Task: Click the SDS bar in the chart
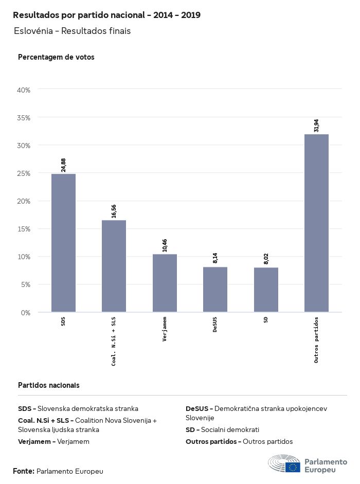click(63, 243)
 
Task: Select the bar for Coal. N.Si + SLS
click(114, 266)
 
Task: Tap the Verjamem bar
click(165, 283)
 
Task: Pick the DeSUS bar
click(215, 289)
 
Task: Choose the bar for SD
click(266, 290)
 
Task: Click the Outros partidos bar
click(316, 223)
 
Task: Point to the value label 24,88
click(63, 165)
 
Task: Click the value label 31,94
click(316, 126)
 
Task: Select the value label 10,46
click(165, 245)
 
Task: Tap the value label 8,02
click(266, 259)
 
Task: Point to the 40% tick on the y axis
click(24, 90)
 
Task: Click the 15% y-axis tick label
click(24, 229)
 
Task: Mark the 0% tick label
click(26, 312)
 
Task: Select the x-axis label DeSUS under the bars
click(215, 325)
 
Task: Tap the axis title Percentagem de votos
click(56, 57)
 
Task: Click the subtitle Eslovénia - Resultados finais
click(73, 31)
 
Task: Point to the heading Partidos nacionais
click(49, 385)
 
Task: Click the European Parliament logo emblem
click(284, 464)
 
